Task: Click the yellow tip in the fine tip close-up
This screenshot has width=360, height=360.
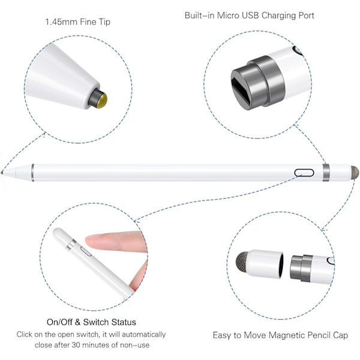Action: [x=102, y=100]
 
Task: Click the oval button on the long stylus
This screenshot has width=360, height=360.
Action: [x=304, y=173]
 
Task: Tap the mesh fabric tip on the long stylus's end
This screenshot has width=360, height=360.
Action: [x=355, y=173]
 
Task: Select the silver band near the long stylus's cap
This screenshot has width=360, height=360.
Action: [x=326, y=173]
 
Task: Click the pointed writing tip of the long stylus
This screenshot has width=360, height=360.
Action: [x=2, y=172]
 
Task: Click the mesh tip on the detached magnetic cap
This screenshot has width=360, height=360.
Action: [x=242, y=262]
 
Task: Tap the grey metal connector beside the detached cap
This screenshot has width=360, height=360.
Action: [x=301, y=268]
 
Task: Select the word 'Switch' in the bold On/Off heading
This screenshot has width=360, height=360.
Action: [x=95, y=322]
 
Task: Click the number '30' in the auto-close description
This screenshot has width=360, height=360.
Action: [x=76, y=345]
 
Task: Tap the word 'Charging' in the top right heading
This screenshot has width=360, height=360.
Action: [x=279, y=16]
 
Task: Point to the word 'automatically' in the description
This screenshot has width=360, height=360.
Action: [x=144, y=335]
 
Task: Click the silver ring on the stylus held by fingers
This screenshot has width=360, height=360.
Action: [x=71, y=245]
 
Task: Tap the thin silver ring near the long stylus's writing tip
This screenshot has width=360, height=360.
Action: [x=32, y=172]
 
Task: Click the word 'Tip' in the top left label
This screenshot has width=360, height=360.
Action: [x=104, y=22]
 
